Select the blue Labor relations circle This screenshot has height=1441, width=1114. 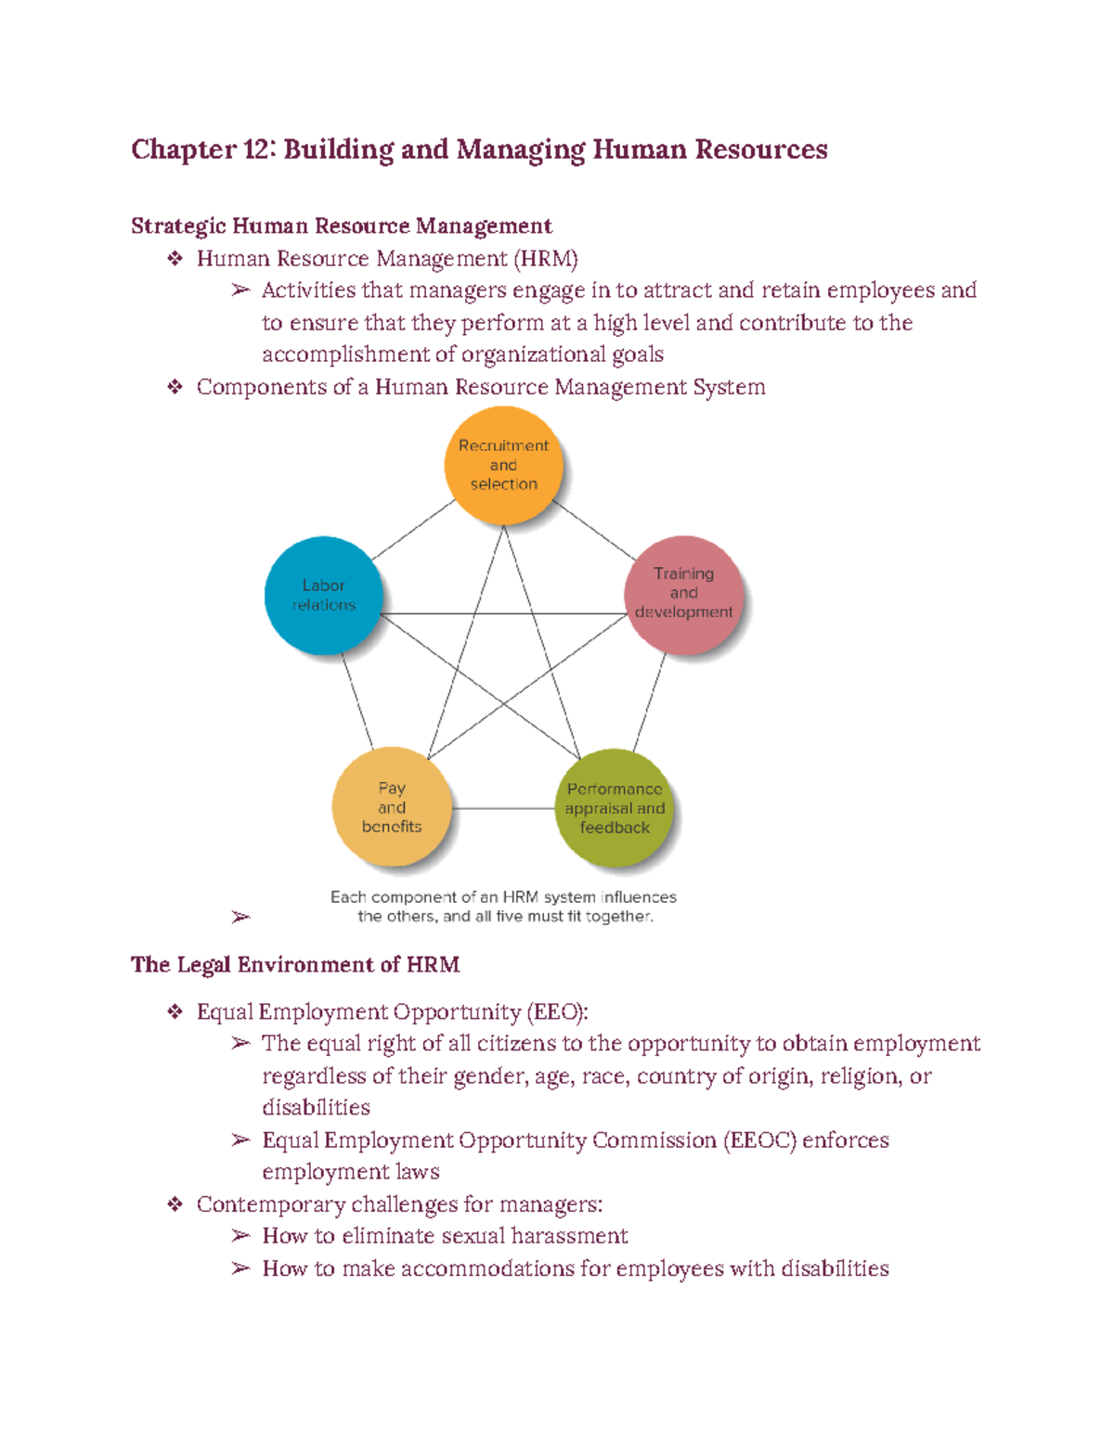[x=323, y=595]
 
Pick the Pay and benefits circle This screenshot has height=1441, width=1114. [x=392, y=806]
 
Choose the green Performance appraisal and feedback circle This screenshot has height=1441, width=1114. [x=615, y=808]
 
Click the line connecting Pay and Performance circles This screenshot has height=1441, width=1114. [x=503, y=808]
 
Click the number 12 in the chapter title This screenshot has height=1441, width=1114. [x=255, y=149]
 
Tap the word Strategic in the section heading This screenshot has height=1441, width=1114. [x=178, y=226]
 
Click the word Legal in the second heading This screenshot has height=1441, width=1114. [x=204, y=965]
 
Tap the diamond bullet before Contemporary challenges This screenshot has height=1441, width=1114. [x=175, y=1204]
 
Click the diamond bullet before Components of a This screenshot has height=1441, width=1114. [x=175, y=387]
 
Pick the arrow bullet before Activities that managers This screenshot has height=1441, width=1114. [x=240, y=290]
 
